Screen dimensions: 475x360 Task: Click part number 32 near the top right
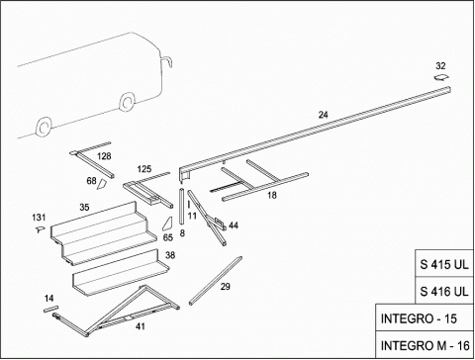[440, 66]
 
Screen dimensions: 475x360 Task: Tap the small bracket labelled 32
[441, 78]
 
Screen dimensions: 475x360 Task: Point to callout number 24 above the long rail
[324, 115]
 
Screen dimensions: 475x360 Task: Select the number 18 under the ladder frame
[272, 195]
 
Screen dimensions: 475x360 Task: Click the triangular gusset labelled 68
[102, 184]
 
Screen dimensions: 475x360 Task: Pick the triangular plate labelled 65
[168, 224]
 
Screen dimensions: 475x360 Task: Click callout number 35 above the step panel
[84, 208]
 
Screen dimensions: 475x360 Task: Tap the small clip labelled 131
[41, 228]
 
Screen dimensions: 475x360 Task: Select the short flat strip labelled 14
[50, 309]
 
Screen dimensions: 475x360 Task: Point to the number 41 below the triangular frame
[141, 326]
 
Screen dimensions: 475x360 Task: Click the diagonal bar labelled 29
[216, 281]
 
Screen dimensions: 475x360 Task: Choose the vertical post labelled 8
[181, 207]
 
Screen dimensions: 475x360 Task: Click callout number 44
[234, 225]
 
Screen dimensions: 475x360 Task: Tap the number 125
[144, 169]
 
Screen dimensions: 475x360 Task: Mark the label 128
[104, 156]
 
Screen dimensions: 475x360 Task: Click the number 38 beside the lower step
[170, 255]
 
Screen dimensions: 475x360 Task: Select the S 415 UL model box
[444, 264]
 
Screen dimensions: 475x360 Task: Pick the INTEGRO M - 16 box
[425, 345]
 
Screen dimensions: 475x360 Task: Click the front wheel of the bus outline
[127, 102]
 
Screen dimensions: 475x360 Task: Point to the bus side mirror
[168, 61]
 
